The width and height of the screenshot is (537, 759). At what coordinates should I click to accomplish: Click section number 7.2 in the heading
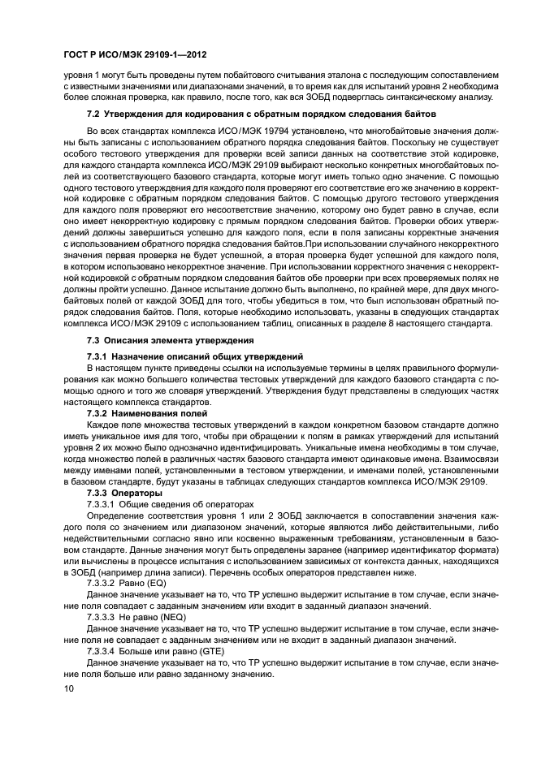93,114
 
